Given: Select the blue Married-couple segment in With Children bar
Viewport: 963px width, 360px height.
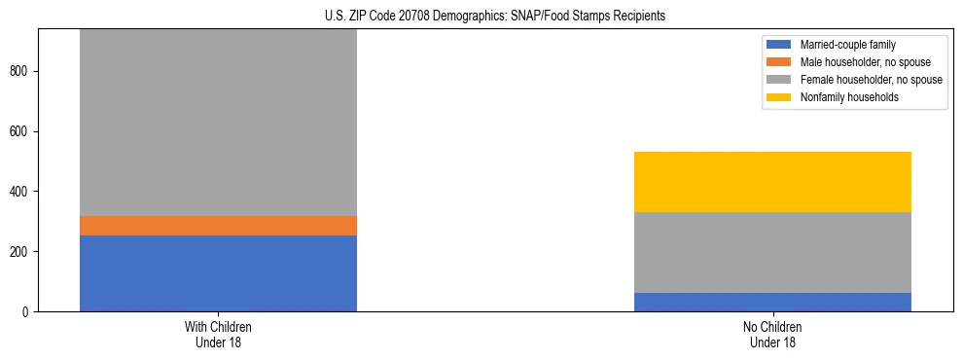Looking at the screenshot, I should pos(218,273).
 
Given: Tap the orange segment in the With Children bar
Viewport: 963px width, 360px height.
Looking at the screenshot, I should pos(218,226).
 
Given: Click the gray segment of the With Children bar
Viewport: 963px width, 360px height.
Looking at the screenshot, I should pos(218,123).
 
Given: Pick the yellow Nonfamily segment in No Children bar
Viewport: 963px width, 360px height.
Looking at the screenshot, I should pos(772,182).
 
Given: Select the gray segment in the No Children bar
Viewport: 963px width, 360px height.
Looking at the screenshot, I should pos(772,252).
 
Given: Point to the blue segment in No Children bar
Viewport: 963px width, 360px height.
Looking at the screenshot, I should pos(772,302).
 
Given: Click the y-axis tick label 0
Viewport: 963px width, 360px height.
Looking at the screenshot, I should pos(29,311).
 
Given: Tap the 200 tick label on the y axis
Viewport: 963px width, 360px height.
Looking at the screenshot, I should pos(23,252).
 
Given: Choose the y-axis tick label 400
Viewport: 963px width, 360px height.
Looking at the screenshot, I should pos(23,192).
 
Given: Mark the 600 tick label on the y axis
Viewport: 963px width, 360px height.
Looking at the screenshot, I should pos(23,131).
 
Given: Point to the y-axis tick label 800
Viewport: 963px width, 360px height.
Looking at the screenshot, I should pos(23,71).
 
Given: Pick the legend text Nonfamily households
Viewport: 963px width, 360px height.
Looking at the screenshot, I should pos(842,97).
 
